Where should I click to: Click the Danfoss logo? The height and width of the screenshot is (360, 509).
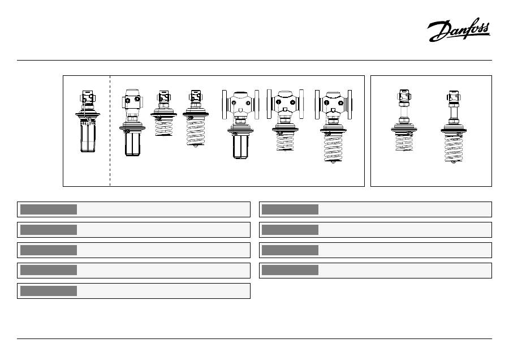459,30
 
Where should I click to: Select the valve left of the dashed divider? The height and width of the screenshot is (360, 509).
88,121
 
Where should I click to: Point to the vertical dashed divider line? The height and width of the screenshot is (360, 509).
110,131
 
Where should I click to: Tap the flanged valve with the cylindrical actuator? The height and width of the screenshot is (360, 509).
240,125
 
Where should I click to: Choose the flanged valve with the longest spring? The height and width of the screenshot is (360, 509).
333,126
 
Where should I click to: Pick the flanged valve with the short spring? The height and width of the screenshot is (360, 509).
286,121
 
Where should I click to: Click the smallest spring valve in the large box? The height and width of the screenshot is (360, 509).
163,113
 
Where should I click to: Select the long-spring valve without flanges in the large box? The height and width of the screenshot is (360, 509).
196,119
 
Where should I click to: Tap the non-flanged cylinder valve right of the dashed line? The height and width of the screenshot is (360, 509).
132,122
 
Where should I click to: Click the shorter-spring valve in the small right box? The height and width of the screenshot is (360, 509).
404,120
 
